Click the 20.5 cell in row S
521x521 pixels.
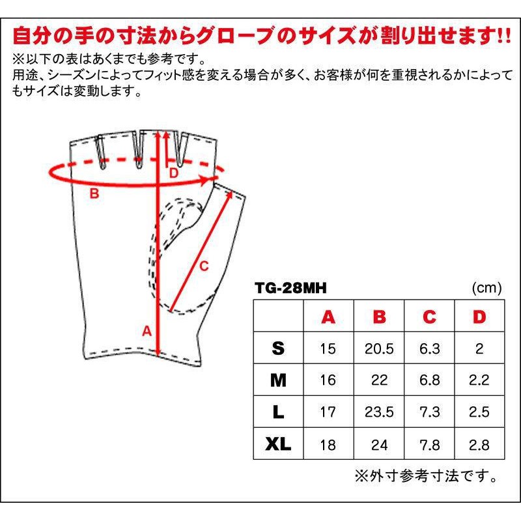click(x=379, y=348)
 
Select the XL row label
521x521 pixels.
click(x=278, y=444)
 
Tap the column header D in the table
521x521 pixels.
click(x=479, y=317)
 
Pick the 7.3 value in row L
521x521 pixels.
click(x=429, y=412)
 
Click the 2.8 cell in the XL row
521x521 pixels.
click(x=479, y=445)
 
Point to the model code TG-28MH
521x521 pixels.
click(x=290, y=288)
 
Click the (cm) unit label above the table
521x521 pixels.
click(x=486, y=288)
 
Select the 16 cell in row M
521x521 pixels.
click(x=328, y=380)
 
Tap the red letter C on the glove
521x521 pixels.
click(x=204, y=266)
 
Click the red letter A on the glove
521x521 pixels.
click(x=147, y=331)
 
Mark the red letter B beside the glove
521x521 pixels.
click(x=94, y=193)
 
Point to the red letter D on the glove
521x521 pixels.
click(x=174, y=173)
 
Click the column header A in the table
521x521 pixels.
click(x=328, y=317)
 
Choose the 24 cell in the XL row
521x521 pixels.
click(x=379, y=445)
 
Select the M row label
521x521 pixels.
click(x=278, y=380)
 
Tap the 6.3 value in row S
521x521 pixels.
click(x=429, y=348)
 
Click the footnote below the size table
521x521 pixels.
click(x=426, y=476)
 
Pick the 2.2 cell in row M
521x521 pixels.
click(x=479, y=380)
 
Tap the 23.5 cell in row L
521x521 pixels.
click(x=379, y=412)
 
